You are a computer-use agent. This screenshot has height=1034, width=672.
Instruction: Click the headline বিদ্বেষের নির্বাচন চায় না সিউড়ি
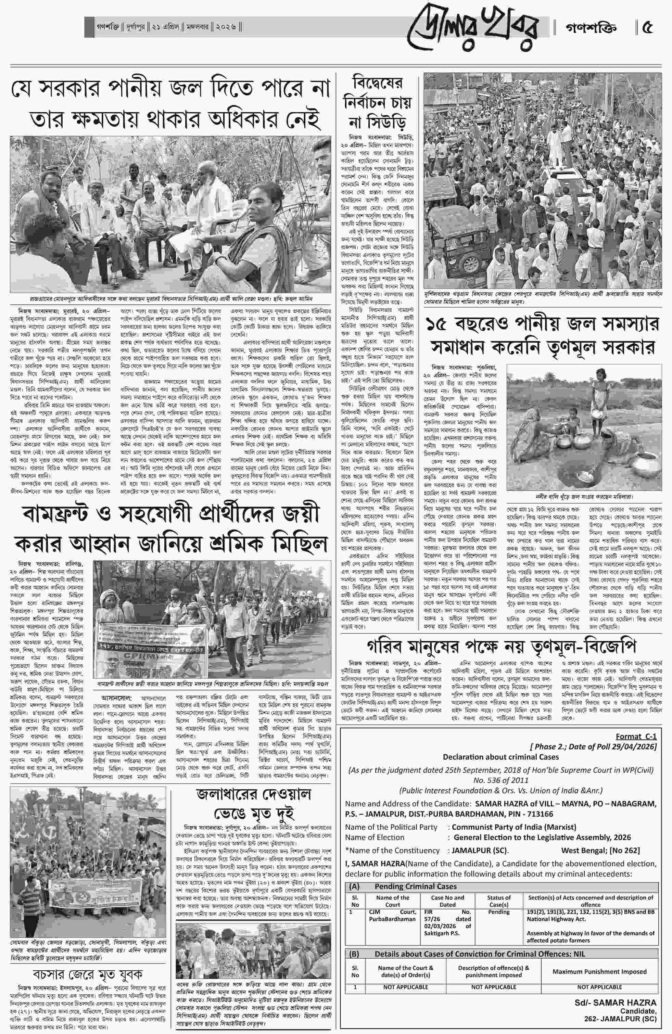pyautogui.click(x=377, y=103)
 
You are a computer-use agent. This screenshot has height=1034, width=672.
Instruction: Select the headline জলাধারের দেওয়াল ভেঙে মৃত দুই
pyautogui.click(x=254, y=803)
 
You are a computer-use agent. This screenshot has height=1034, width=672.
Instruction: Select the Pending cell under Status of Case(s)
pyautogui.click(x=498, y=912)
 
